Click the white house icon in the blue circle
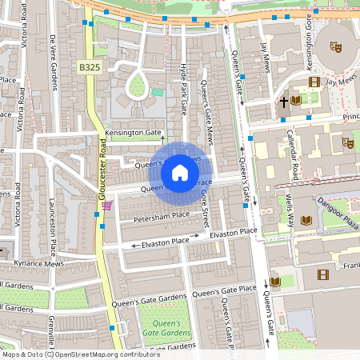pyautogui.click(x=180, y=173)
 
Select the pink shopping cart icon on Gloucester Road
pyautogui.click(x=106, y=206)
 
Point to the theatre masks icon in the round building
pyautogui.click(x=336, y=47)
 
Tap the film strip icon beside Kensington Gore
pyautogui.click(x=314, y=82)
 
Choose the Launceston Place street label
pyautogui.click(x=54, y=226)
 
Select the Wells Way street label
pyautogui.click(x=290, y=215)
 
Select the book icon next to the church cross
pyautogui.click(x=297, y=100)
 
